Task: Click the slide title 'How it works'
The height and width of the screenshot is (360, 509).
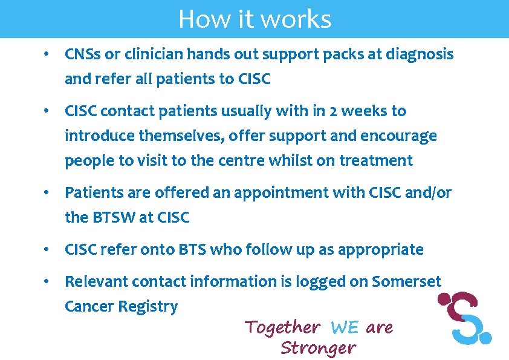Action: coord(254,19)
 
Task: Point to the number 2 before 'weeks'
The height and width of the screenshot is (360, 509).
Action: coord(333,111)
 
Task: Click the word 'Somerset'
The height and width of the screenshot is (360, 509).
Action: coord(407,281)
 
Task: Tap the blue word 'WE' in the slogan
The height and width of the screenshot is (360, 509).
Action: coord(345,328)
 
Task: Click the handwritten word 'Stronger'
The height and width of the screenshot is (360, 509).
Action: coord(318,349)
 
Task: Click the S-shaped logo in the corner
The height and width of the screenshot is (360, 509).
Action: coord(465,316)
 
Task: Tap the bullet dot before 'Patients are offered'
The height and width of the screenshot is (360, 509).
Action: coord(46,193)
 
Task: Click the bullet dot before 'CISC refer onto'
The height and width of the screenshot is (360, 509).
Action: coord(46,250)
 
